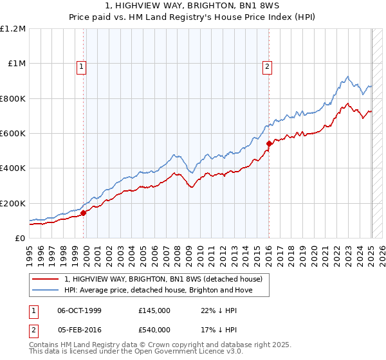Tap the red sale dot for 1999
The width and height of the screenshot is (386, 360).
84,213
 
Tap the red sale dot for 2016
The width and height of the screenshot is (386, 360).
269,144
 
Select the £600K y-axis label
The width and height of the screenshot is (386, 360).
13,134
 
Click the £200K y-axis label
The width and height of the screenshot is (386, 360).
13,203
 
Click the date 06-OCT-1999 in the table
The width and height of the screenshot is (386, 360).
79,310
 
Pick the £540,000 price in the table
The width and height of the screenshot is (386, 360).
154,329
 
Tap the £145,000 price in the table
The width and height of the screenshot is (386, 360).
154,310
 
